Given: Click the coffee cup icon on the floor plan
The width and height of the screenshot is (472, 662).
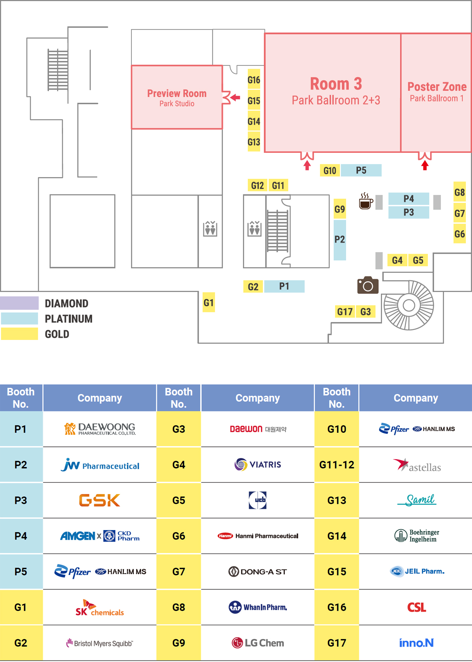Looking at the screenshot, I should coord(366,201).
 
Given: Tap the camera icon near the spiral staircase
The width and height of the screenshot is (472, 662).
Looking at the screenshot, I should coord(368,285).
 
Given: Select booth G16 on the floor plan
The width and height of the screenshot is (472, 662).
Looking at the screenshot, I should coord(254,80).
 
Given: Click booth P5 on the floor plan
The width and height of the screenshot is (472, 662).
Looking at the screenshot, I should coord(361,171).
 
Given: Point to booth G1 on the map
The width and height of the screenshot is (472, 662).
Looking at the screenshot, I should coord(208,302).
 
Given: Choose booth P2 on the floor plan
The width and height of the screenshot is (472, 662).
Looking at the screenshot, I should coord(339,239).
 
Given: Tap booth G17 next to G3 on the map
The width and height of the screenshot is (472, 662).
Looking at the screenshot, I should coord(345,312).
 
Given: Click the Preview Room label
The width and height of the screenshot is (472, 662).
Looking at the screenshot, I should coord(177,94).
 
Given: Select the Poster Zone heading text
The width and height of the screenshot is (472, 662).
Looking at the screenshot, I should coord(437,87).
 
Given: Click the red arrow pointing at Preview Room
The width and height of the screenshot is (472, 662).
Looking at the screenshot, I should coord(235,97).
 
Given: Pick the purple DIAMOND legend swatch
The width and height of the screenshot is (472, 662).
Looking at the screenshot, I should coord(19,303).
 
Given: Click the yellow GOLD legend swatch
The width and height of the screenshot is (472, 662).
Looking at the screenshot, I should coord(19,334).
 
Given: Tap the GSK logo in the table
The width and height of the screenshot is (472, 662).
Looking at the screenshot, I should coord(100,500).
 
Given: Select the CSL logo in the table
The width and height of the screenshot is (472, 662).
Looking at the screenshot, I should coord(416,607).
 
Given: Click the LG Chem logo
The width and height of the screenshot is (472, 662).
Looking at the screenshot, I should coord(258,643).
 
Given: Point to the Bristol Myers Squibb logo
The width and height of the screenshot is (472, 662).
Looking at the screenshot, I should coord(100,643).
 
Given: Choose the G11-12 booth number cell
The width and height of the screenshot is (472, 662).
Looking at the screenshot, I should coord(337,465).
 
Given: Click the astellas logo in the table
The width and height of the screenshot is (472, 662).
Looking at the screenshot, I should coord(417,465).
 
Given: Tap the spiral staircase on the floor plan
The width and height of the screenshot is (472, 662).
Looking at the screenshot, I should coord(409,305).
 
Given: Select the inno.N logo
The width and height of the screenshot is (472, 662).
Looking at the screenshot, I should coord(416,643).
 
